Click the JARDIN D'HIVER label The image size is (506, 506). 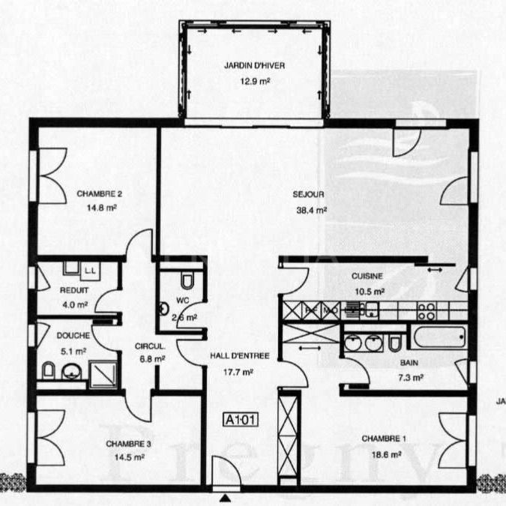254,65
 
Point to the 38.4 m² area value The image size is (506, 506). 311,211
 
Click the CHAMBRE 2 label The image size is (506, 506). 99,193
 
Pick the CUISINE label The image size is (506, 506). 368,276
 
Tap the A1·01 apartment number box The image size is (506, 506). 241,420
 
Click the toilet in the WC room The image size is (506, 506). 187,280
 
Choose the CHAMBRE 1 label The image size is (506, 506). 384,439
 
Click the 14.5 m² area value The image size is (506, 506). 129,457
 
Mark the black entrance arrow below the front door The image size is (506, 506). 225,497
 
